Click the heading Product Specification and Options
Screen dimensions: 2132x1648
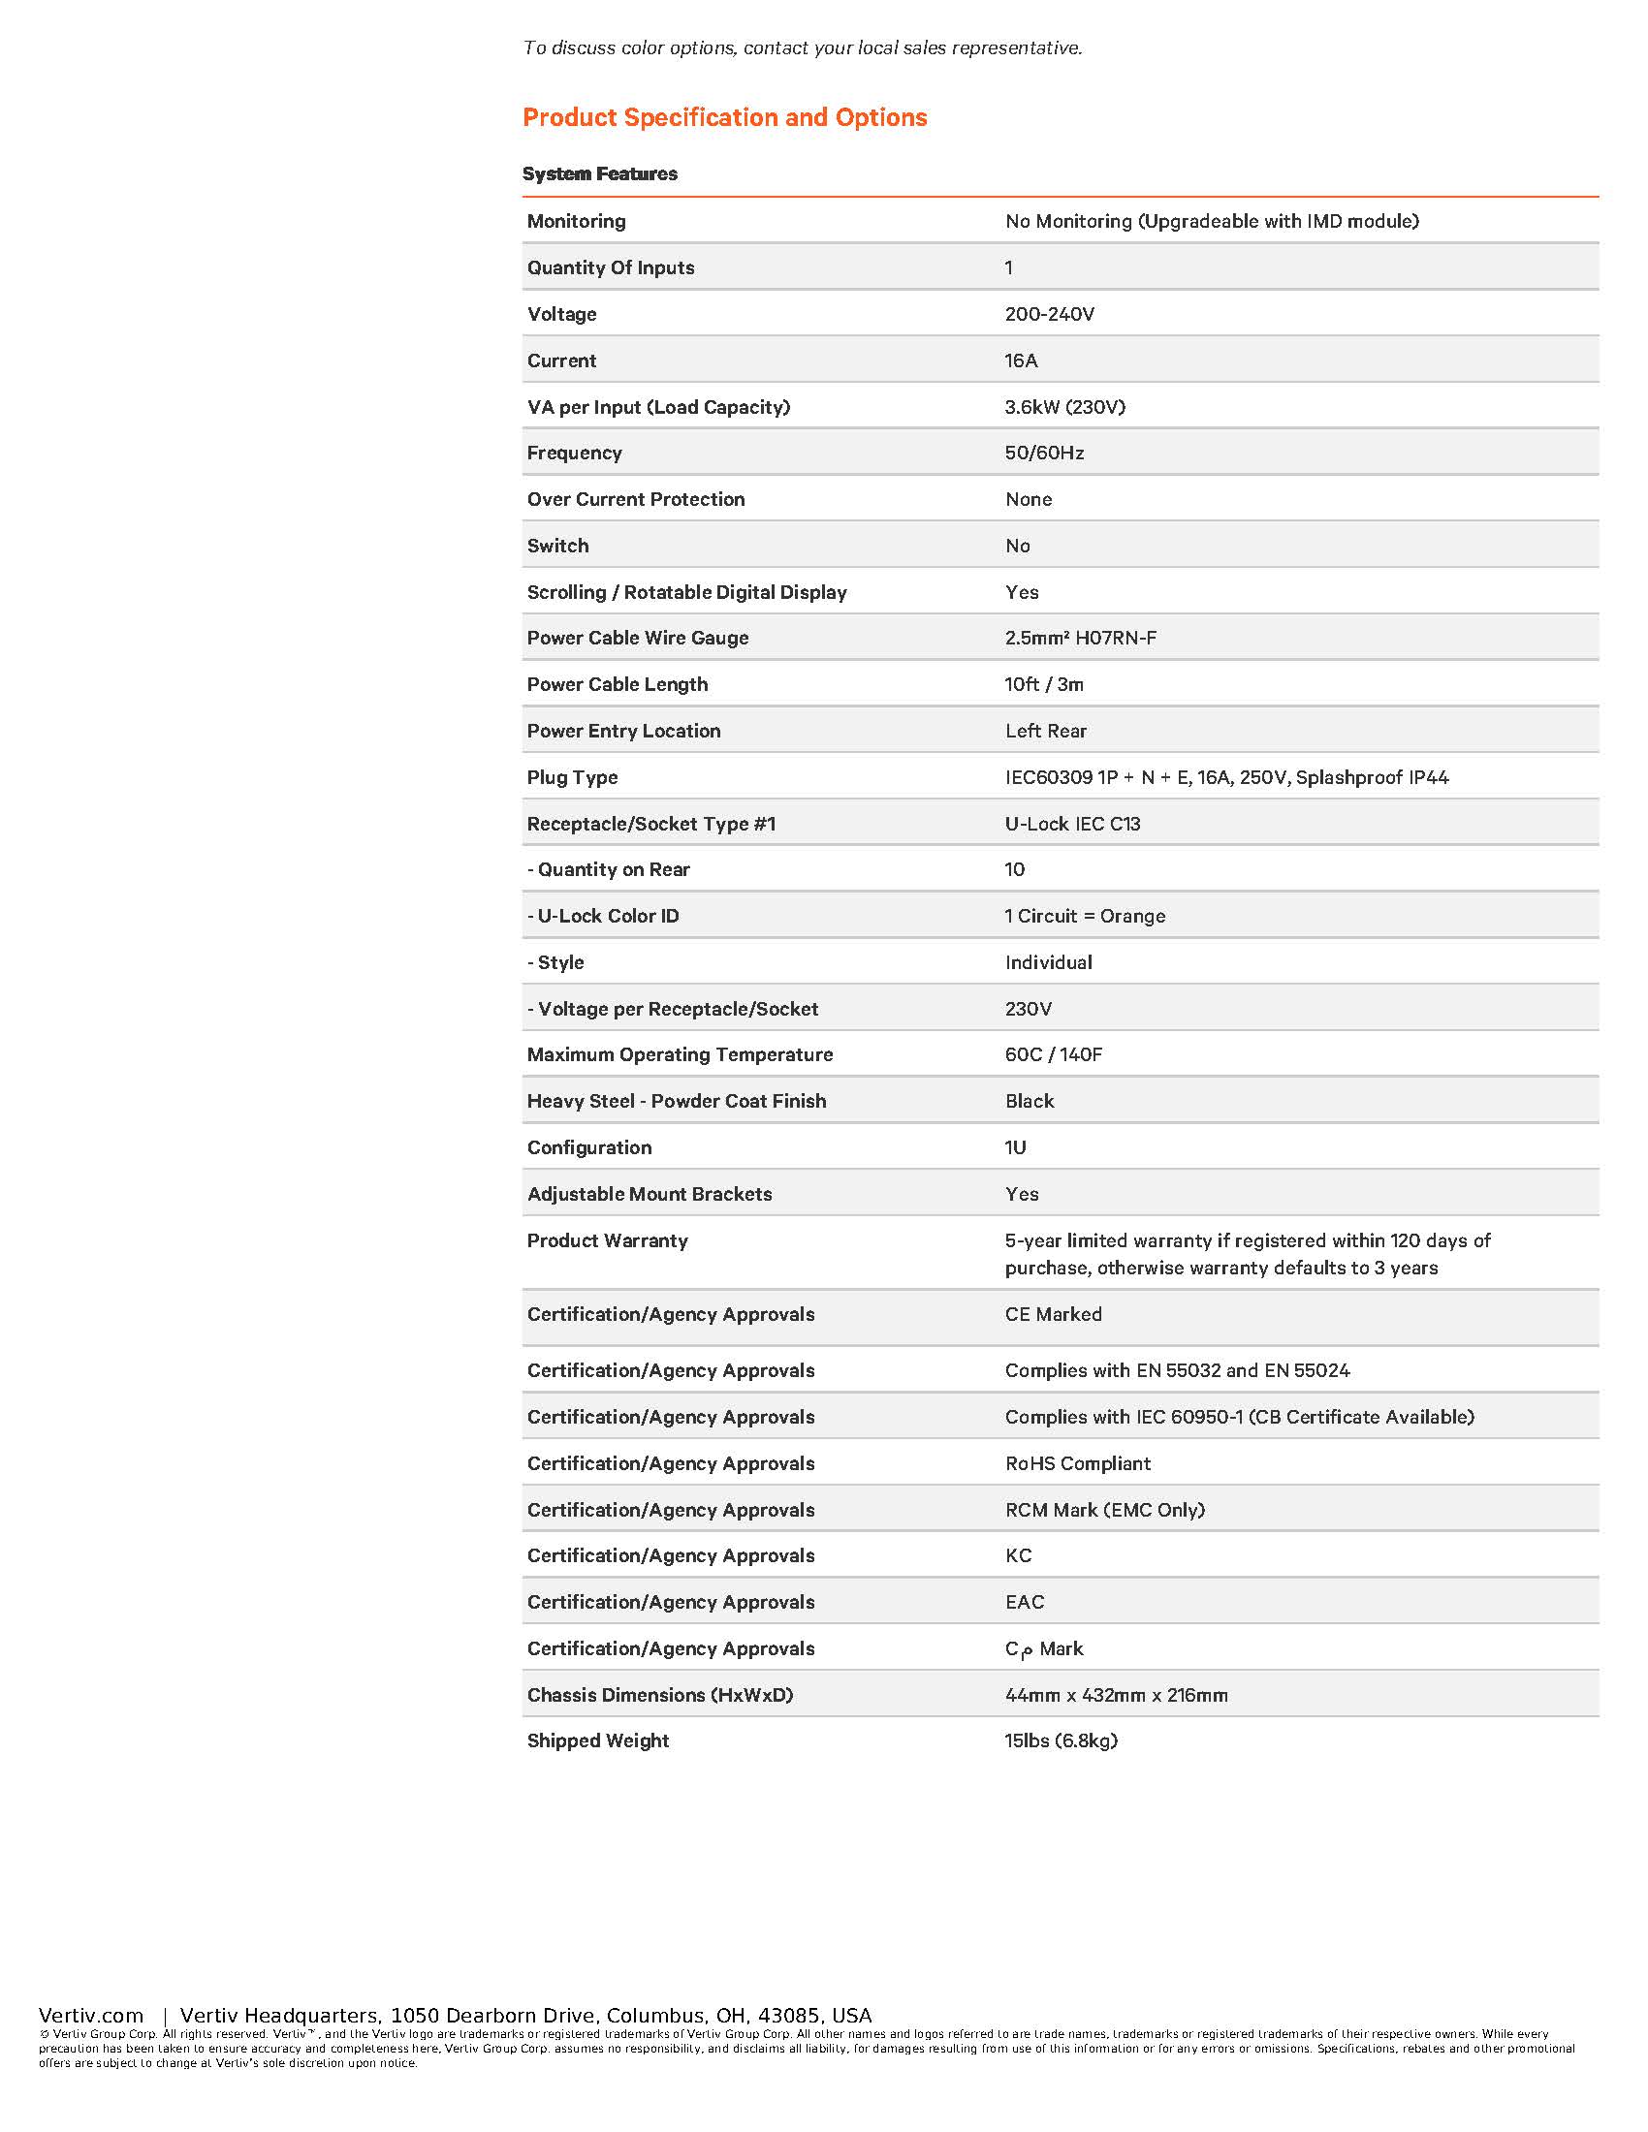tap(724, 117)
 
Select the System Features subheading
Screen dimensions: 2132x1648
tap(599, 173)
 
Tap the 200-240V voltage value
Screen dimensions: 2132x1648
tap(1050, 314)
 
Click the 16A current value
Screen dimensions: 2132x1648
tap(1021, 361)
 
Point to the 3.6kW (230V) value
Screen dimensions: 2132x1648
tap(1065, 407)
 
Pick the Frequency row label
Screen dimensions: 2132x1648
tap(574, 453)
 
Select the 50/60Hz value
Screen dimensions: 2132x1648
tap(1045, 453)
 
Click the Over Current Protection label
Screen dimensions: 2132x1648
tap(636, 499)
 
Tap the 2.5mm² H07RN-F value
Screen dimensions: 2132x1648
tap(1081, 638)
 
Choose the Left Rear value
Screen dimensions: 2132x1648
tap(1046, 730)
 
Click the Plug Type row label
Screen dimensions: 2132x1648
tap(572, 777)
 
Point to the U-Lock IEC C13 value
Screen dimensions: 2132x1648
tap(1073, 824)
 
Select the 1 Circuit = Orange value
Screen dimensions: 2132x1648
tap(1085, 916)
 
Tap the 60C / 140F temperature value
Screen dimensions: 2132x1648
tap(1054, 1054)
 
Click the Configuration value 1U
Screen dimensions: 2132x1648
tap(1015, 1147)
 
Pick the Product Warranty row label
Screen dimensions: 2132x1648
tap(607, 1240)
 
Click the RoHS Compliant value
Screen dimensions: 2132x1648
tap(1078, 1463)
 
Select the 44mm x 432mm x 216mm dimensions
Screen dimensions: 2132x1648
tap(1116, 1695)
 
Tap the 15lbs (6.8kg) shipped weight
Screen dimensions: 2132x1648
tap(1062, 1740)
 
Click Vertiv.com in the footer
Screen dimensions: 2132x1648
tap(91, 2016)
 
